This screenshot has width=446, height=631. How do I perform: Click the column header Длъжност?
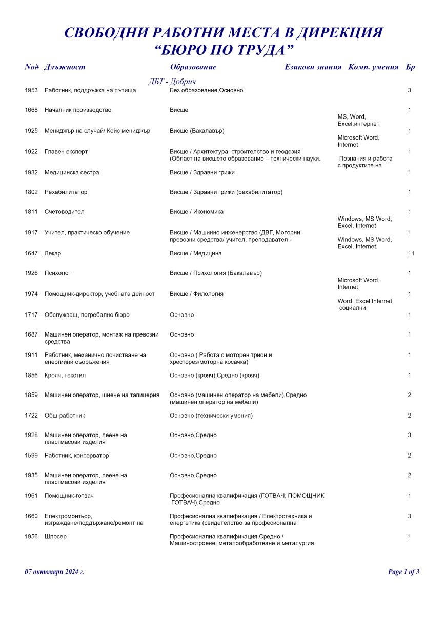click(65, 67)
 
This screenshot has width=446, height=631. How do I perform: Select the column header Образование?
click(193, 67)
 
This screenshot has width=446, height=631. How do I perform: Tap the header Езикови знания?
click(313, 67)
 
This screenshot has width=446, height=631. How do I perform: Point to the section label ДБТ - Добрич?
click(172, 82)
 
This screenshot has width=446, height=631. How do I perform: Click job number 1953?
click(31, 90)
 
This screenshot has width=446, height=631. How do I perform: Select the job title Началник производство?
click(78, 110)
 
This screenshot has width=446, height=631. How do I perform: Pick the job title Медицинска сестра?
click(72, 172)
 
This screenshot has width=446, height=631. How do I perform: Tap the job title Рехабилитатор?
click(66, 192)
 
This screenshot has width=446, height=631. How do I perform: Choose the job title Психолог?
click(57, 273)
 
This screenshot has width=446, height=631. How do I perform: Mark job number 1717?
click(31, 314)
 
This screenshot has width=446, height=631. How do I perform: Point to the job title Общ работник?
click(65, 415)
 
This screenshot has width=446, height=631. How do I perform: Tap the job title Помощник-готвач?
click(69, 496)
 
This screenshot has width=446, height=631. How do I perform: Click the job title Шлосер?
click(56, 536)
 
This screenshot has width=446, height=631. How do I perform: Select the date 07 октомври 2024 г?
click(54, 571)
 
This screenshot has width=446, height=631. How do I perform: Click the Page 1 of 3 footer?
click(403, 571)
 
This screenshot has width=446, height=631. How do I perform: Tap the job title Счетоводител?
click(64, 211)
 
